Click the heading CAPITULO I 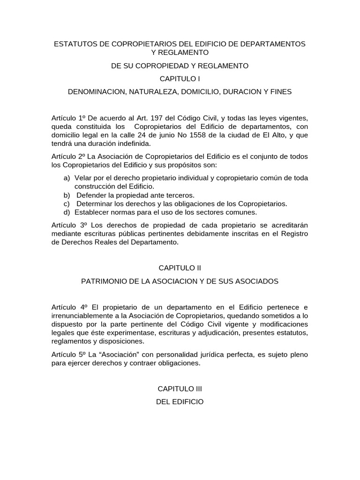pyautogui.click(x=180, y=79)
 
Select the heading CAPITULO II pyautogui.click(x=180, y=268)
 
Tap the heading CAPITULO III pyautogui.click(x=180, y=389)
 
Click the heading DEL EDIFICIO pyautogui.click(x=180, y=402)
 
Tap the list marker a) pyautogui.click(x=67, y=178)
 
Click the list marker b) pyautogui.click(x=67, y=195)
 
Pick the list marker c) pyautogui.click(x=67, y=203)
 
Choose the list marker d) pyautogui.click(x=67, y=212)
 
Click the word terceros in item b pyautogui.click(x=179, y=195)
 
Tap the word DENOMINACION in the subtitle pyautogui.click(x=95, y=92)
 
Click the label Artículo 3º pyautogui.click(x=68, y=225)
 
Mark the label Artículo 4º pyautogui.click(x=68, y=307)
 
